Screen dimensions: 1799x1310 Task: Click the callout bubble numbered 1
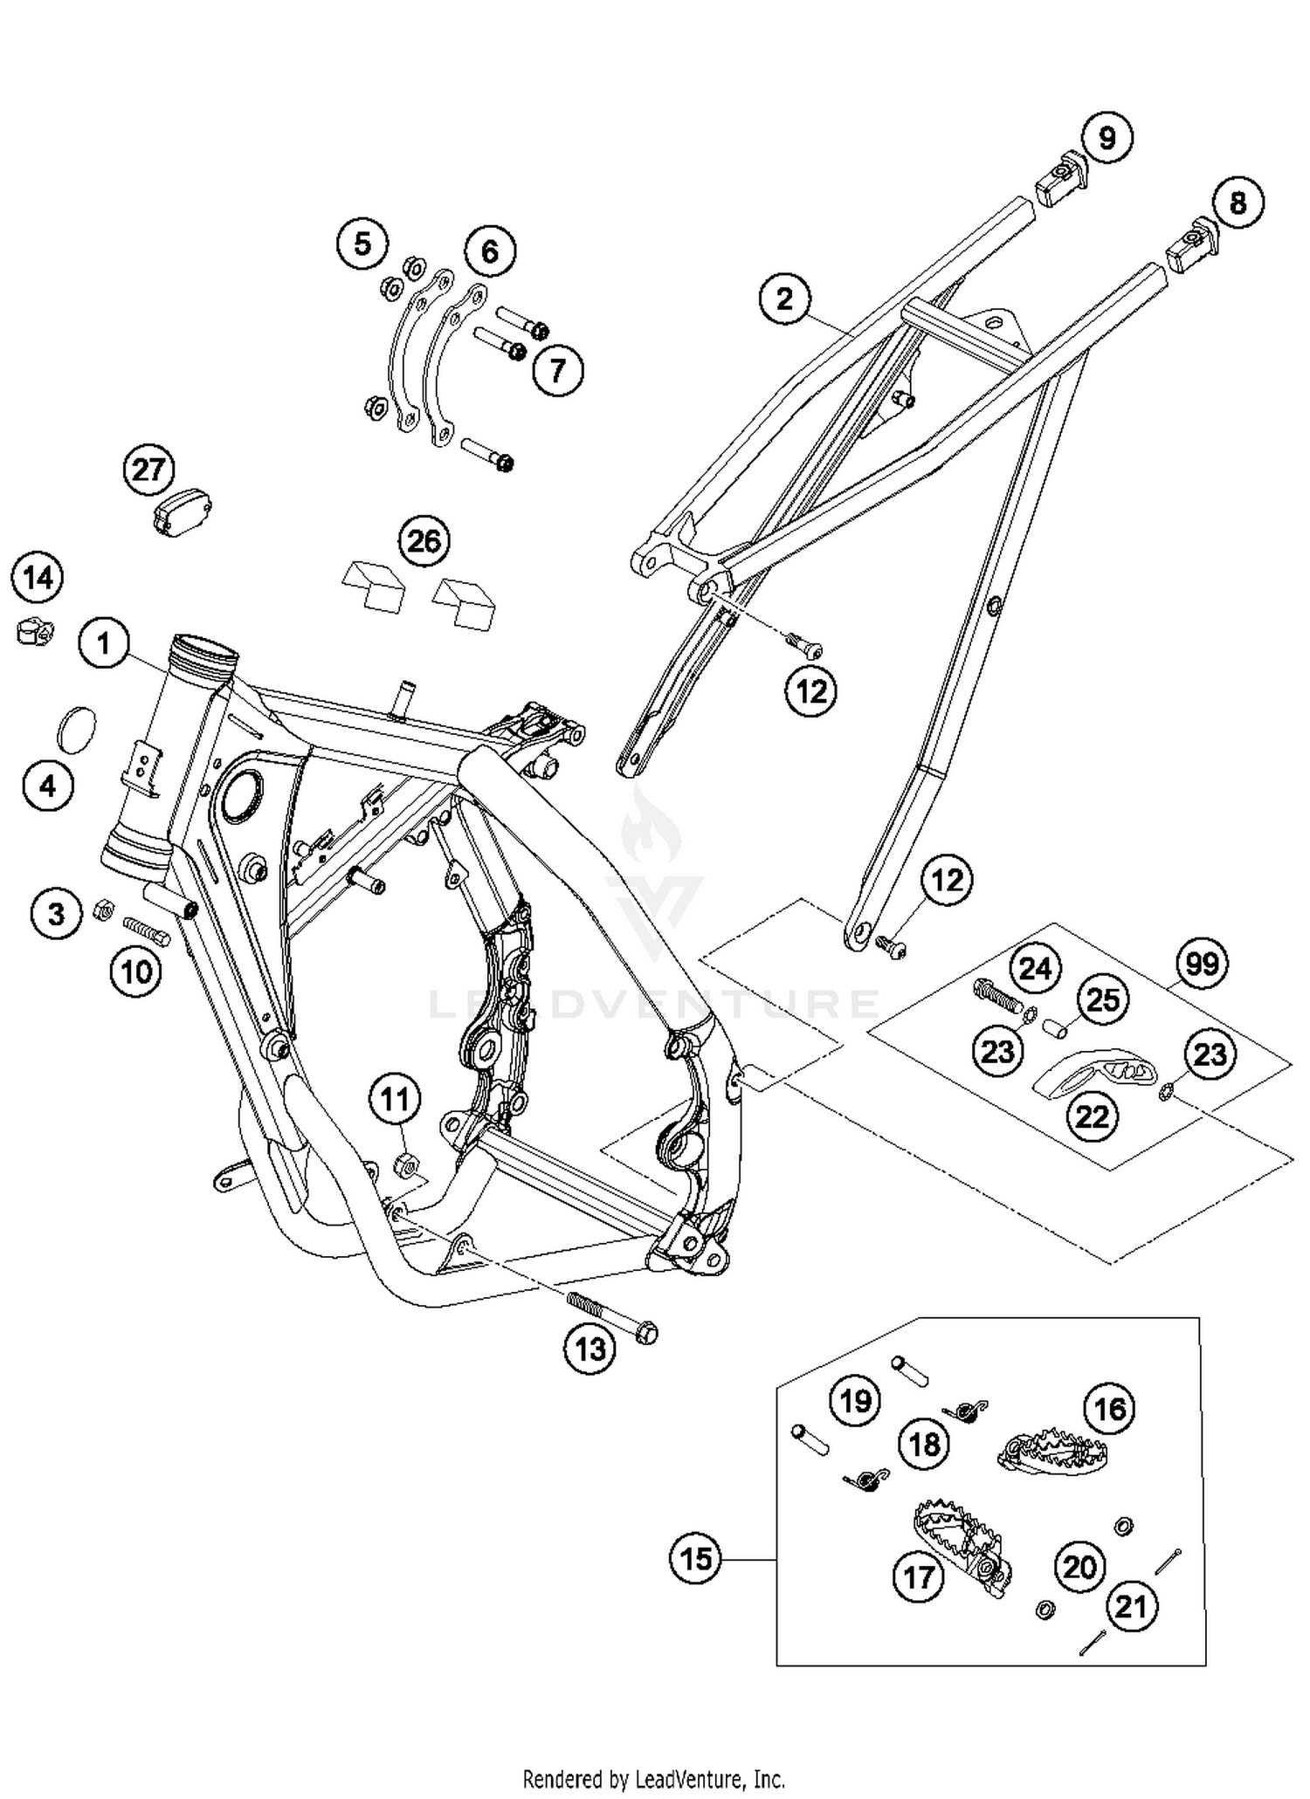[104, 644]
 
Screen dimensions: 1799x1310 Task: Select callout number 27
[148, 470]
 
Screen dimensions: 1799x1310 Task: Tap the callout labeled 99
[1203, 965]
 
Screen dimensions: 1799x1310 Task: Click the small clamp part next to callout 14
[34, 630]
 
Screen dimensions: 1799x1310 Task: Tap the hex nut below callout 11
[405, 1162]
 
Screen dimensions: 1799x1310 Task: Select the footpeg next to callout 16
[1052, 1452]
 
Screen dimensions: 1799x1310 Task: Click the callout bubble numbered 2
[784, 299]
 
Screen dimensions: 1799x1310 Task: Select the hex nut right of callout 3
[100, 910]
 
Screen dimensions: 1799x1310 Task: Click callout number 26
[424, 540]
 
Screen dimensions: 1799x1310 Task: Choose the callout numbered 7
[557, 370]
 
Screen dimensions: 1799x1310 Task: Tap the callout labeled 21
[1131, 1604]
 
